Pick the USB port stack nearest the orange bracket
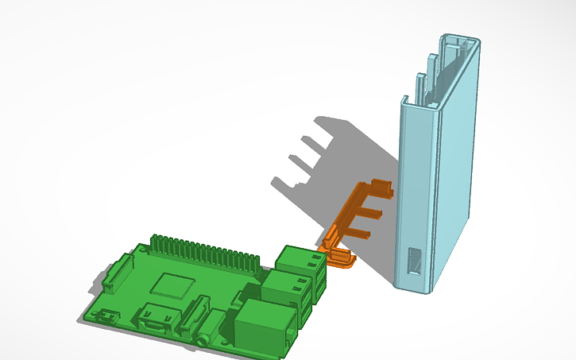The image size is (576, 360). (300, 261)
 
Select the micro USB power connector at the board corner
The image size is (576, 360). (102, 317)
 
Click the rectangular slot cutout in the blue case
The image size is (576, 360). (414, 261)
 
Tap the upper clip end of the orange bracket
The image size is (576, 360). (381, 188)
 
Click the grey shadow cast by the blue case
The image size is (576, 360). (342, 159)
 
